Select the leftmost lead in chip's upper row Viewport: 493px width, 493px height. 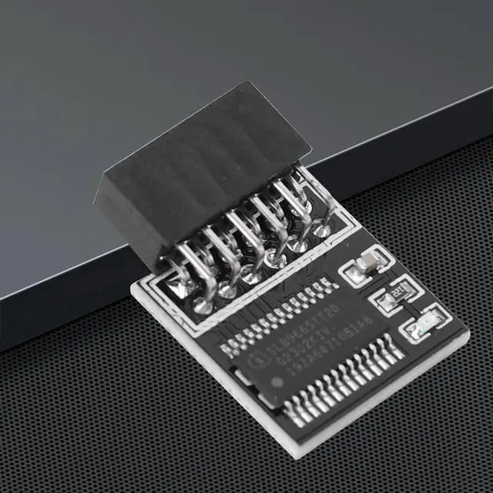[x=225, y=340]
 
